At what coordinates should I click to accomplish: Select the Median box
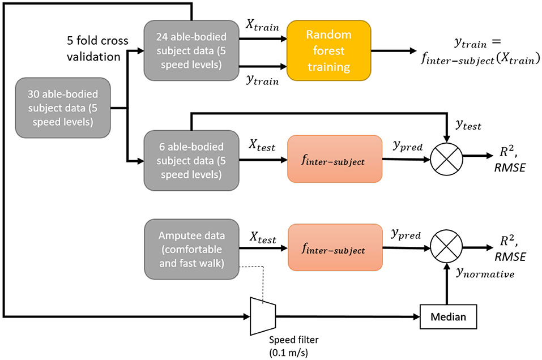coord(447,317)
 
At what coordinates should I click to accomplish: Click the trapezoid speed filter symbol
coord(262,316)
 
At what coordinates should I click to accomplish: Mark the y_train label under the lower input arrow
coord(262,80)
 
